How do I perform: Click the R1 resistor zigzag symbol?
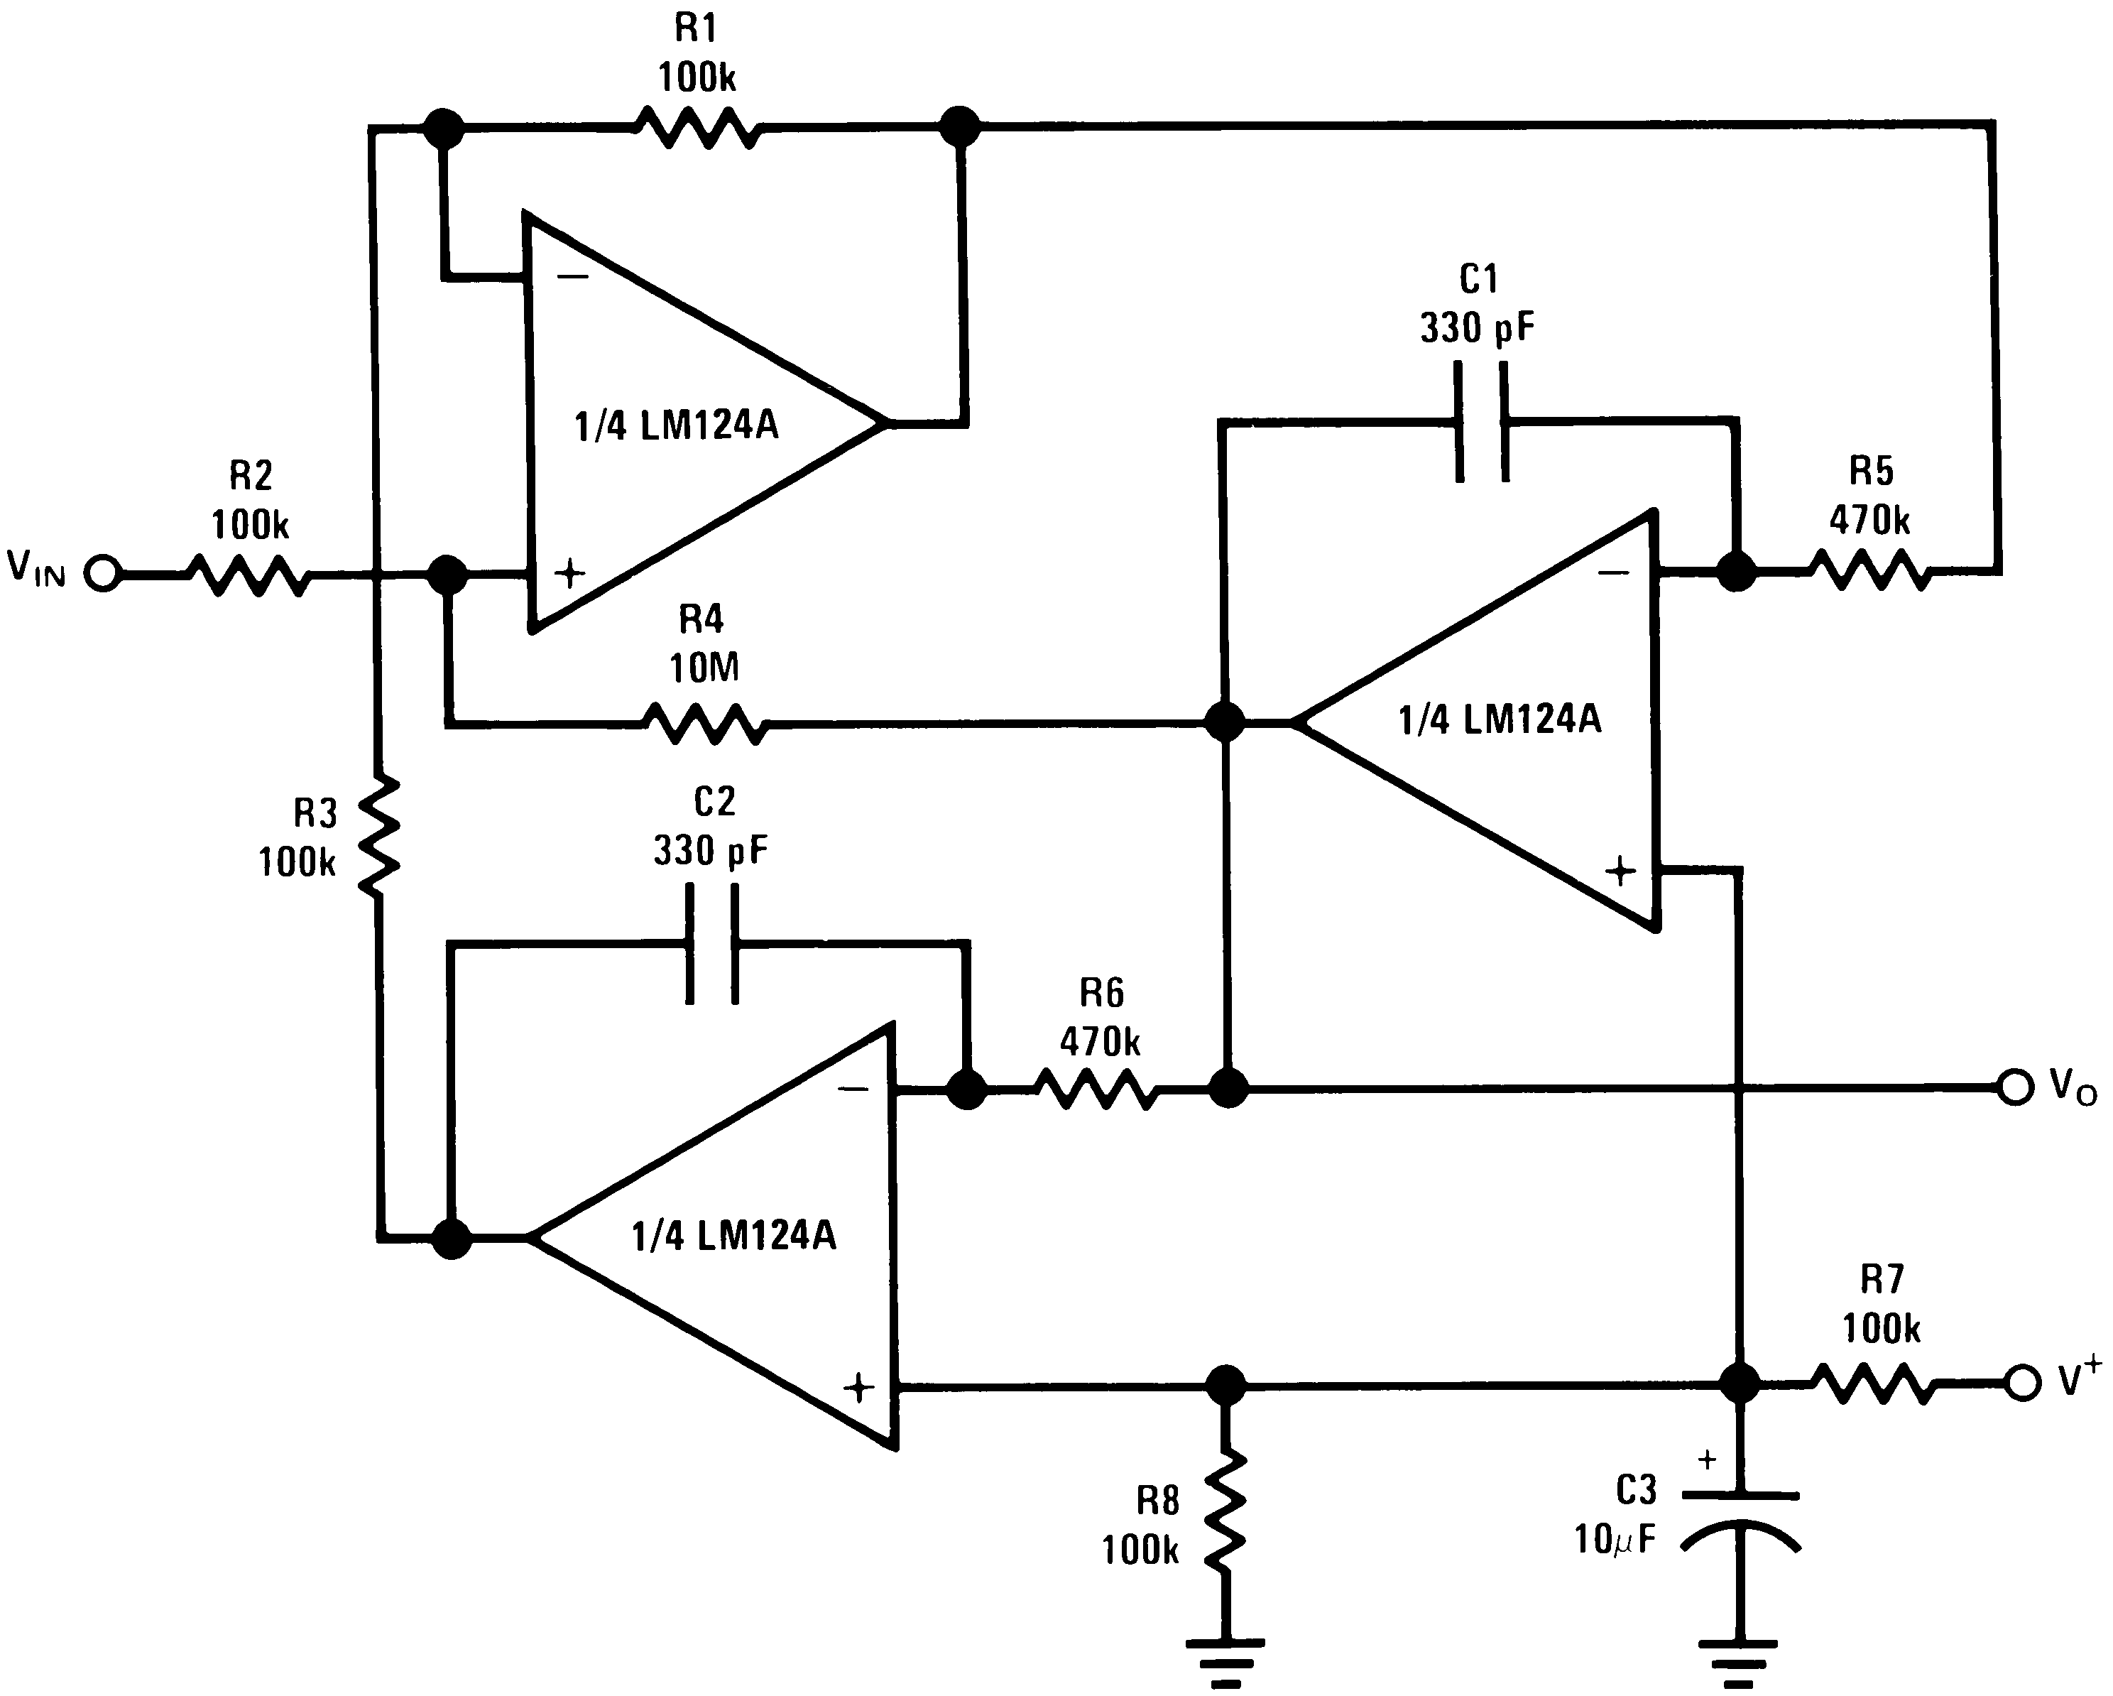pos(696,127)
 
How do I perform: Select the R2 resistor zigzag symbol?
pos(249,575)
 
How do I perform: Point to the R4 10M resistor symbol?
pos(704,724)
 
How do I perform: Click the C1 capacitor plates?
pos(1481,422)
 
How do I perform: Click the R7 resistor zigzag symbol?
pos(1873,1384)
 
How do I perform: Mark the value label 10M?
pos(704,668)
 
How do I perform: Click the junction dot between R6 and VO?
pos(1228,1088)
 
